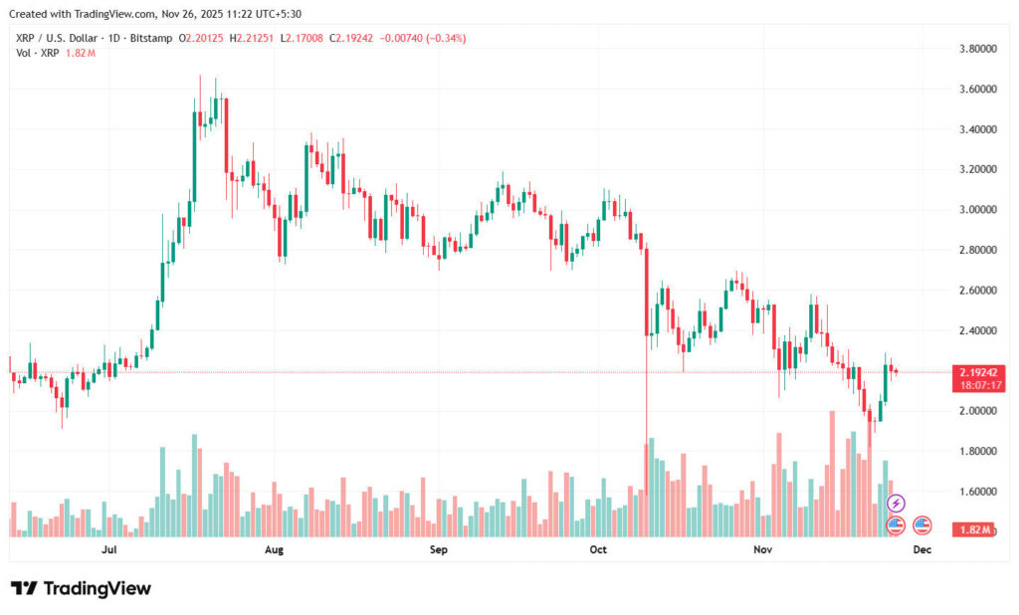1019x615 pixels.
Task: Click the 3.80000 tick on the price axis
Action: click(x=978, y=49)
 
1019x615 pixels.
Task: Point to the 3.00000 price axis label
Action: click(x=978, y=210)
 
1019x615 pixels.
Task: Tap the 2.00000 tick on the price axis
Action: click(x=978, y=411)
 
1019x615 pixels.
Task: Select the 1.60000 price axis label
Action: click(x=978, y=492)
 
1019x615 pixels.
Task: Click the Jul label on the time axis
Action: click(x=110, y=549)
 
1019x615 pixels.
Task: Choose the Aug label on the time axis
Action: click(x=275, y=549)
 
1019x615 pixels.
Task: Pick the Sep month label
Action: click(x=438, y=549)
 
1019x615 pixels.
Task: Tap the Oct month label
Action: click(x=598, y=549)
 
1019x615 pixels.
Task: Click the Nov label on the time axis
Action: click(x=762, y=549)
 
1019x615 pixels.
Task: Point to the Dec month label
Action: click(x=921, y=549)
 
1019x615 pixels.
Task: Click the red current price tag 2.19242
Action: click(x=978, y=372)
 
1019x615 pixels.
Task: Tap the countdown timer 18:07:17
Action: click(x=978, y=385)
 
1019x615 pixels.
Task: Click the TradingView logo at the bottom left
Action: click(x=81, y=588)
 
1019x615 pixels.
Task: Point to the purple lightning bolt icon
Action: click(x=896, y=504)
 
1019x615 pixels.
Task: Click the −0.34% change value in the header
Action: click(x=447, y=38)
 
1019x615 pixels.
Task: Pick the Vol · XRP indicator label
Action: click(x=39, y=52)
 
